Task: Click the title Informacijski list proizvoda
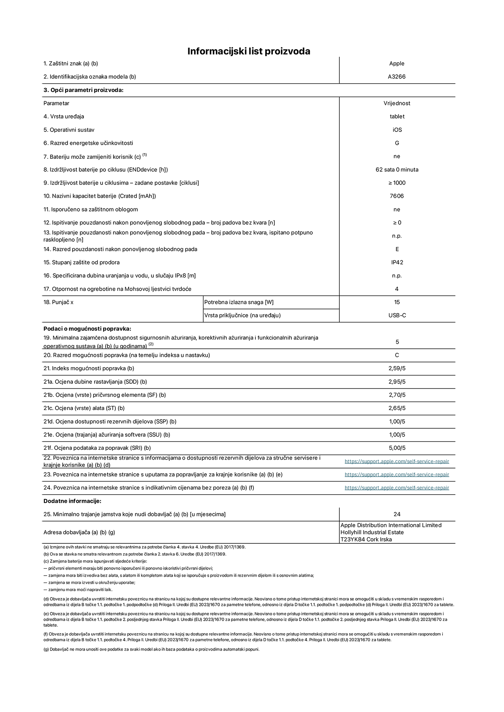point(249,51)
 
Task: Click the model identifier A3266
point(397,77)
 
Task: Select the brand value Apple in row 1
point(397,63)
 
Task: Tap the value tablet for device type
point(397,116)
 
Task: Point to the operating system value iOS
point(397,130)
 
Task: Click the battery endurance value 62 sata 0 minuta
point(397,169)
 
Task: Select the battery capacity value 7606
point(397,196)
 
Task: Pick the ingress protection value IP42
point(397,262)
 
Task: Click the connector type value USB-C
point(397,315)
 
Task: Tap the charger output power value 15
point(397,302)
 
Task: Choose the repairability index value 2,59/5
point(397,368)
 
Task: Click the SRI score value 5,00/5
point(397,448)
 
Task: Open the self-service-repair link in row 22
point(397,461)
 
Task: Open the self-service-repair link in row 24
point(397,488)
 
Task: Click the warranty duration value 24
point(397,514)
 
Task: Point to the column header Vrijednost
point(397,103)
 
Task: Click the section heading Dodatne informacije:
point(72,501)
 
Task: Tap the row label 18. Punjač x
point(58,302)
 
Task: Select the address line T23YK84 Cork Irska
point(366,539)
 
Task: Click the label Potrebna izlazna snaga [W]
point(239,302)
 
